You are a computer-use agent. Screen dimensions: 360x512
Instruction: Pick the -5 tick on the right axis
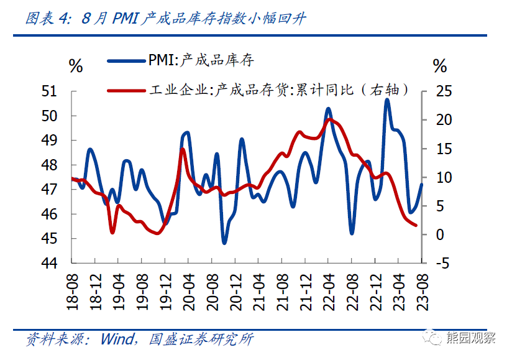[x=440, y=263]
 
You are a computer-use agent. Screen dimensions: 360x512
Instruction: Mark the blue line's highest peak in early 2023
[x=386, y=99]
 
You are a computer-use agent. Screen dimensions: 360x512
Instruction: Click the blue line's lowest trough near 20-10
[x=224, y=242]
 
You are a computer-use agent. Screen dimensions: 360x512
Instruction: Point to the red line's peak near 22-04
[x=329, y=119]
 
